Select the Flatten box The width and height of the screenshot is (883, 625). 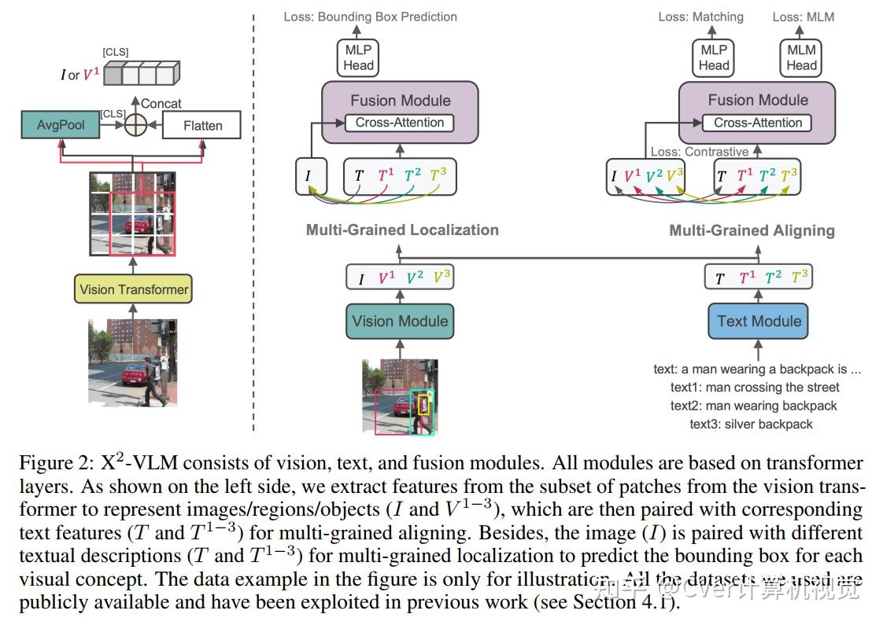(202, 126)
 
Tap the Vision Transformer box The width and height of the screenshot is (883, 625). (134, 289)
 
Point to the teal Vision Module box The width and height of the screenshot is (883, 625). (400, 321)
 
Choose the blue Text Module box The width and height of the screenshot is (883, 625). (759, 321)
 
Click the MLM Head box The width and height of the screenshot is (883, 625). (801, 57)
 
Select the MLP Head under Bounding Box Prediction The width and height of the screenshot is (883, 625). (358, 57)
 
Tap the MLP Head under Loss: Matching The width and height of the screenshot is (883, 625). (714, 57)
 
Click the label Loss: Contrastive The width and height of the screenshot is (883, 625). (699, 152)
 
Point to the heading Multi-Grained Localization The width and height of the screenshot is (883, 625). (402, 230)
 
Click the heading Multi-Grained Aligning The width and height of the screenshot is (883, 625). (752, 230)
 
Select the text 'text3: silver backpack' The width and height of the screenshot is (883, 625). (751, 424)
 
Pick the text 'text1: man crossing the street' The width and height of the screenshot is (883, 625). (755, 387)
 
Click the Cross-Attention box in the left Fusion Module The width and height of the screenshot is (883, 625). (400, 123)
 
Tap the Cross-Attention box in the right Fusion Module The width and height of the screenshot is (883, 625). (758, 123)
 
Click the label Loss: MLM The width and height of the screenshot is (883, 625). (803, 17)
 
